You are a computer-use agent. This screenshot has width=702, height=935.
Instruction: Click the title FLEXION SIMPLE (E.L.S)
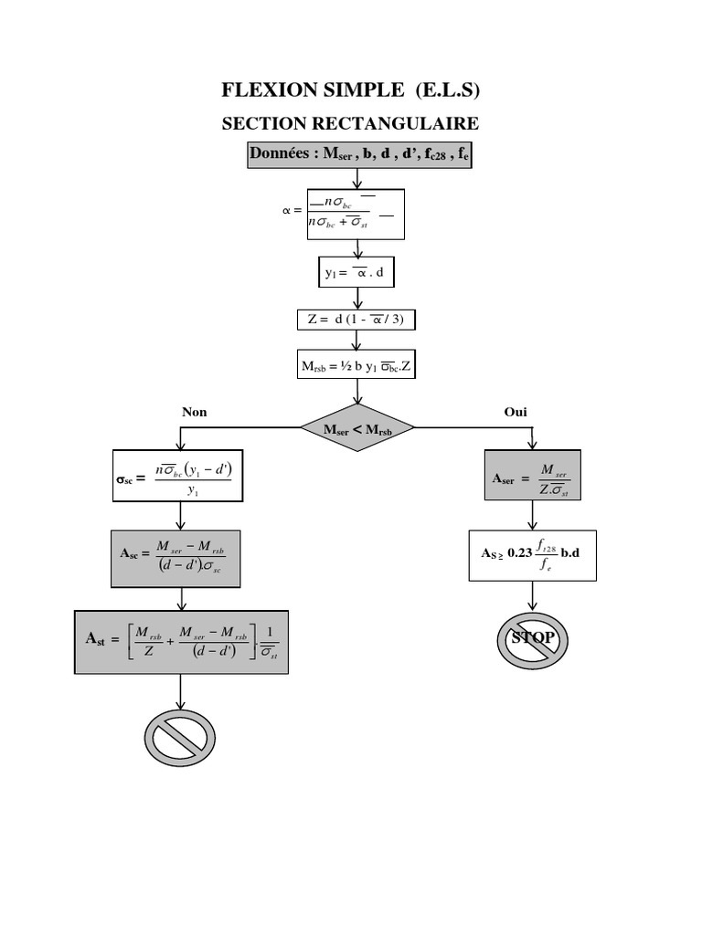point(351,89)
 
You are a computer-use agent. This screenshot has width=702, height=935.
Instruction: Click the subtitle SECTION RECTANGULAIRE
point(351,123)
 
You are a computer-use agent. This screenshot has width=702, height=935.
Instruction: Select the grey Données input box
point(359,155)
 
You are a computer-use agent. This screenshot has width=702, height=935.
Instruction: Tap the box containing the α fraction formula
point(356,215)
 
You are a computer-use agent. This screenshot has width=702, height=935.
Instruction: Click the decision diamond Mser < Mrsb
point(357,426)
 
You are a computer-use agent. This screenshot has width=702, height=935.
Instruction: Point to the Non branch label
point(195,412)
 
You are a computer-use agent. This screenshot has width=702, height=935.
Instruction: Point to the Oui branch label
point(516,412)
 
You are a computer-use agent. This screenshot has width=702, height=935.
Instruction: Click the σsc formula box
point(178,476)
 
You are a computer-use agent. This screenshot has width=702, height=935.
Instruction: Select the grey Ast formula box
point(181,643)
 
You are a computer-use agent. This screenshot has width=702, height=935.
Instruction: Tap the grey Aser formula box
point(533,476)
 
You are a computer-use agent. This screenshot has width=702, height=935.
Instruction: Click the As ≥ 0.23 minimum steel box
point(532,555)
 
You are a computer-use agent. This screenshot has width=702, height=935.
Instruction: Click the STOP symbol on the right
point(533,638)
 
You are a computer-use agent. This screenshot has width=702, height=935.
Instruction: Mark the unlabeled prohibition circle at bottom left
point(180,737)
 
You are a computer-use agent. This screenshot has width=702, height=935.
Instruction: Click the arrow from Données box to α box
point(357,179)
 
